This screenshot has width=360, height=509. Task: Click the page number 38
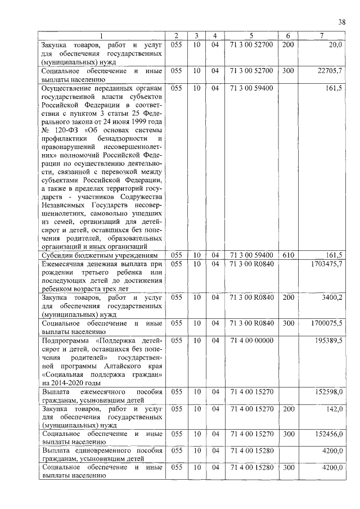click(x=342, y=22)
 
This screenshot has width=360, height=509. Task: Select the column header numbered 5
click(x=252, y=35)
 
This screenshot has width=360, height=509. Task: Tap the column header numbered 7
click(x=321, y=35)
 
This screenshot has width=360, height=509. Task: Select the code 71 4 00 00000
click(x=252, y=341)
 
